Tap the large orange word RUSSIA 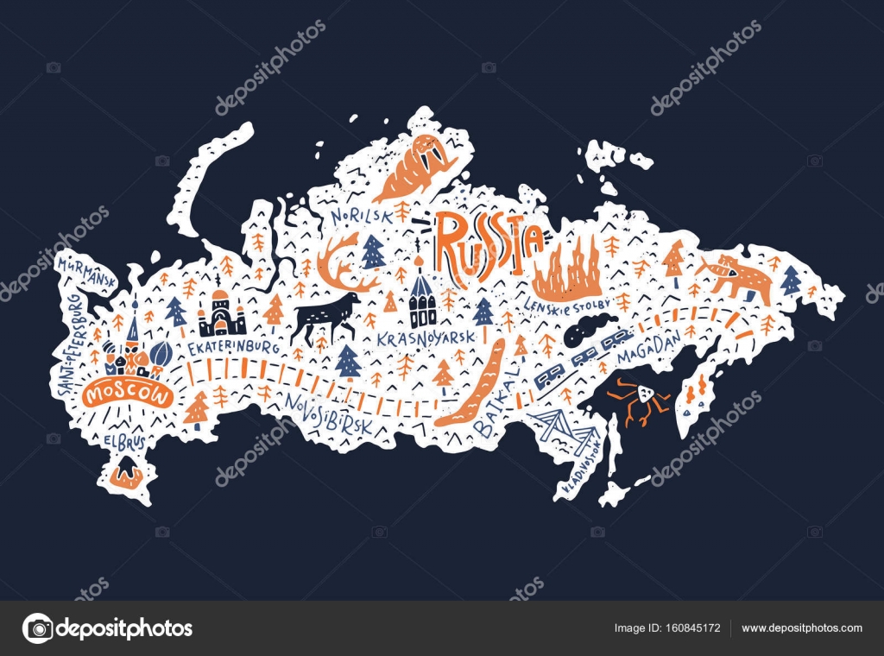[488, 240]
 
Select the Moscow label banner [128, 394]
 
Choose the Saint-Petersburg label [71, 345]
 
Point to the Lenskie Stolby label [568, 304]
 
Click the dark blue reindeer [325, 312]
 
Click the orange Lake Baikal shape [473, 384]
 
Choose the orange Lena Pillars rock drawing [567, 267]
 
